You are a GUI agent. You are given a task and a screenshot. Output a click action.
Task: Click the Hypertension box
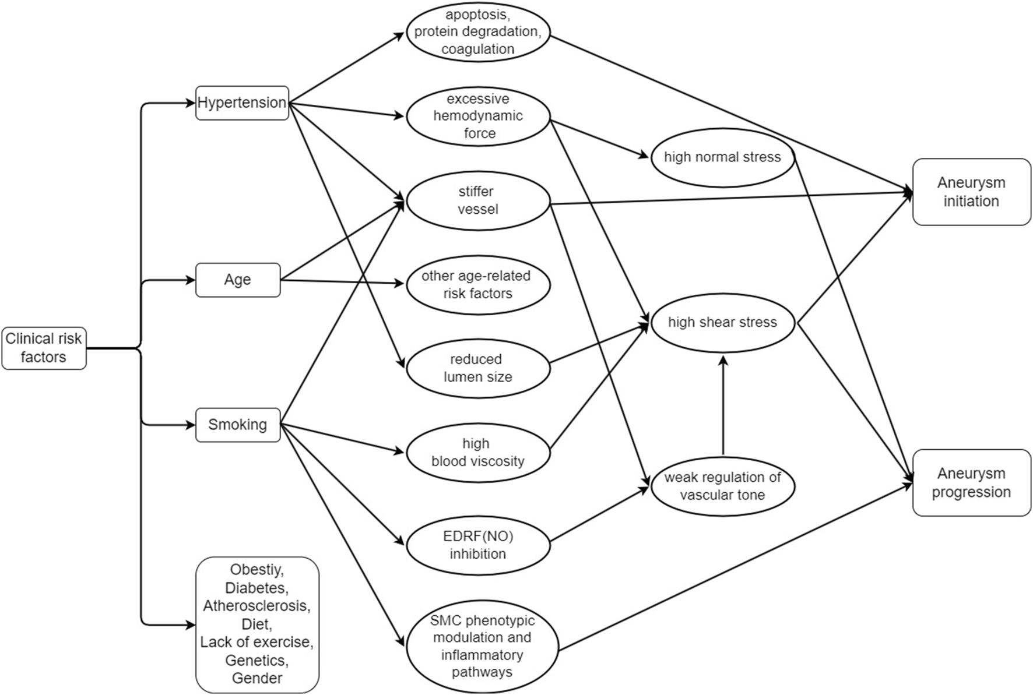[242, 103]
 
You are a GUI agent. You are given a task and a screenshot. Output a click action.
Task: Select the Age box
[238, 280]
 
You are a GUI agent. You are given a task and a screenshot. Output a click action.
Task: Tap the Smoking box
[238, 425]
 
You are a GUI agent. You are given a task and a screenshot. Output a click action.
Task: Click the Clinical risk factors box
[44, 348]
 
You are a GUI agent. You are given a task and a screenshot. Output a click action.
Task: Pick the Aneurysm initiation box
[971, 192]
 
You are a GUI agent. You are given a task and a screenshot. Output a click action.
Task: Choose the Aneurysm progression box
[971, 482]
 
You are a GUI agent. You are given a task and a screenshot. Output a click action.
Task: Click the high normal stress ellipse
[722, 157]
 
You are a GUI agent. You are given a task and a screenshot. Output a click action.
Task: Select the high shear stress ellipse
[722, 323]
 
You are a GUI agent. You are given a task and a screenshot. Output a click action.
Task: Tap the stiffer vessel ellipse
[478, 200]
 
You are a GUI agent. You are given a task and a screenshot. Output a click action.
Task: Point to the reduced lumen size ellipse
[478, 368]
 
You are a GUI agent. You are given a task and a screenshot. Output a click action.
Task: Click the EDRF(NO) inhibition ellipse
[478, 545]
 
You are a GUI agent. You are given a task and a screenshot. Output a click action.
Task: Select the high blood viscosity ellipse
[478, 453]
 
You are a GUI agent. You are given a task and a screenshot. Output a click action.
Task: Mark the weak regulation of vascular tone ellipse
[722, 486]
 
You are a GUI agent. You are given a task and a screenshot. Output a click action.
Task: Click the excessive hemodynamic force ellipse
[478, 116]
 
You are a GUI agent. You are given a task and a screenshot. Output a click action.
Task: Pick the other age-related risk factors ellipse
[478, 285]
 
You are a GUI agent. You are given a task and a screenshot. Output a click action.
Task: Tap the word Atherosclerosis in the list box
[257, 606]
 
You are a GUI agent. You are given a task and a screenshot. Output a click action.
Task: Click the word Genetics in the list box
[257, 660]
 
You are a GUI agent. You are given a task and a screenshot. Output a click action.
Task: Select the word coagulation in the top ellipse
[478, 49]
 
